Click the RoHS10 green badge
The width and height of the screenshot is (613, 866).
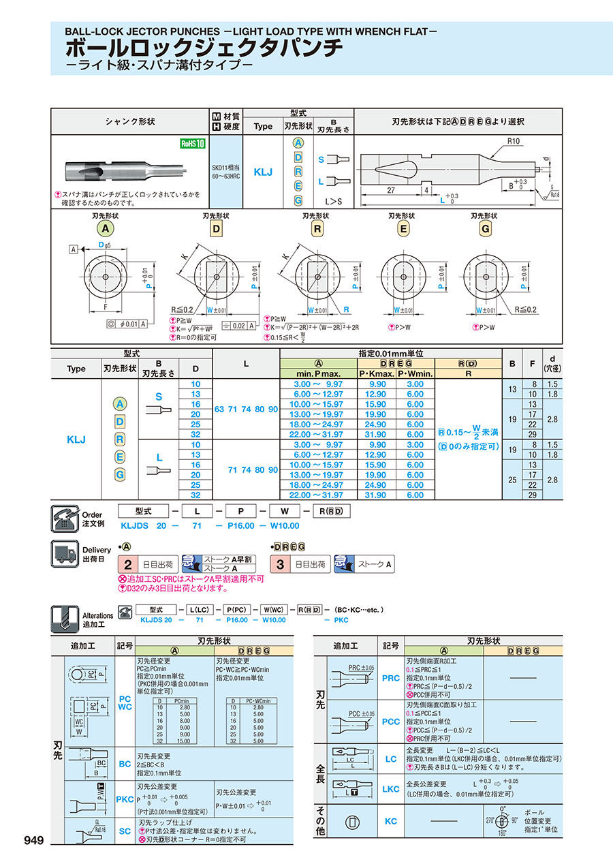[192, 143]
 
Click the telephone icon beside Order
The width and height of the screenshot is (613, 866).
[65, 519]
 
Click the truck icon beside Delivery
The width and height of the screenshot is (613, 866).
[65, 555]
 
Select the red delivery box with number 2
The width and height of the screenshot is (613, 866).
[127, 564]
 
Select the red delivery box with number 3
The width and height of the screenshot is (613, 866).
[279, 564]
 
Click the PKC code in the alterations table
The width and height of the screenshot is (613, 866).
[125, 799]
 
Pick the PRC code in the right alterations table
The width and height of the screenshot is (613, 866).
[390, 678]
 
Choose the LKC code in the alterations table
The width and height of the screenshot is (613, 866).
[390, 789]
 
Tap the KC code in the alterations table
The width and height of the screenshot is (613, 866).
[390, 821]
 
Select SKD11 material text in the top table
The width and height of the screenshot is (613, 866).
[225, 168]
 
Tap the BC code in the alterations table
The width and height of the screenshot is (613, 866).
[125, 764]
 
